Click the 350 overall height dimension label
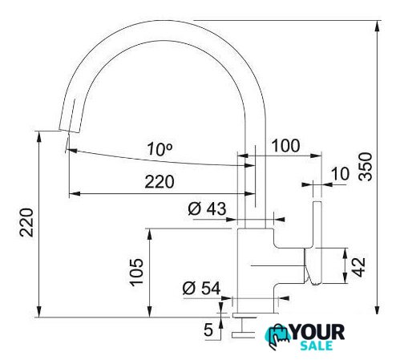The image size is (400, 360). click(x=366, y=167)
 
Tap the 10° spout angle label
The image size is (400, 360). click(x=160, y=148)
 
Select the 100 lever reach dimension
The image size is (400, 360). click(x=285, y=146)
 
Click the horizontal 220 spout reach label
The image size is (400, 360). click(x=160, y=182)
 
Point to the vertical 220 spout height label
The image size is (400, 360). click(x=26, y=223)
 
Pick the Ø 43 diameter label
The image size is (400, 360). click(x=207, y=208)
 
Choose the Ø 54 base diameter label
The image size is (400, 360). click(x=201, y=288)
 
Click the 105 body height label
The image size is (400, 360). click(x=136, y=272)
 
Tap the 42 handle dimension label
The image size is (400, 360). click(x=358, y=267)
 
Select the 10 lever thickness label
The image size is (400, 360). click(x=340, y=173)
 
